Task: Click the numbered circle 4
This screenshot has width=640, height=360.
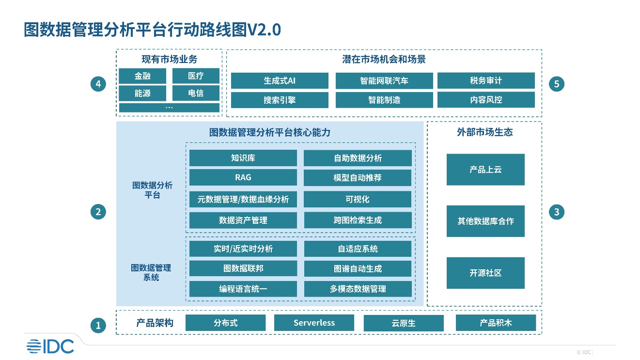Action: (98, 84)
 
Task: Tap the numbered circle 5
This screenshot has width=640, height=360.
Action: (556, 84)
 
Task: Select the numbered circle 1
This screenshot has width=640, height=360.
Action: (98, 326)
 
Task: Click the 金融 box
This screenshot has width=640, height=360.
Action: (142, 76)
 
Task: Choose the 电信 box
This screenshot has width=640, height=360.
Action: (196, 93)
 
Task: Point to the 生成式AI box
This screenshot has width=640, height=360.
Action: (280, 80)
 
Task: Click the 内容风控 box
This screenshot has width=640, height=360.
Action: (486, 100)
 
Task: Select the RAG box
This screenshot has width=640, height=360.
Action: (243, 177)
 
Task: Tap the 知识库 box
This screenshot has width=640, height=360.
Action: (243, 158)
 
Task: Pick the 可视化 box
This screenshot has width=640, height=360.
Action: (358, 199)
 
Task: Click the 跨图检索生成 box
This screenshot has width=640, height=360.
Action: (358, 220)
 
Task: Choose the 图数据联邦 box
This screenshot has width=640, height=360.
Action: (243, 268)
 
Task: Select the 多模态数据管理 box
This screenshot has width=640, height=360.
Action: (358, 289)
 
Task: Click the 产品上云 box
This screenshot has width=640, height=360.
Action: (485, 170)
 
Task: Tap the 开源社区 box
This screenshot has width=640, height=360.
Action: (485, 273)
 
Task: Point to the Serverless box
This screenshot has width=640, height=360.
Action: (314, 323)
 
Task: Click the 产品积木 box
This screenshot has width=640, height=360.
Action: (496, 323)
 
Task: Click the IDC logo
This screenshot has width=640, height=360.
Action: (50, 346)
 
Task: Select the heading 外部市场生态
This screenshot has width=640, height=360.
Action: (485, 132)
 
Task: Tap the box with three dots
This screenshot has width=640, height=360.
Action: (169, 108)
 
